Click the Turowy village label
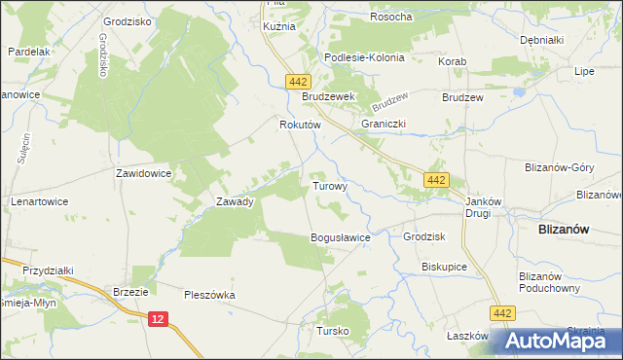[329, 185]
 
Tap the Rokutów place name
[295, 125]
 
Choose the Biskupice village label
[445, 266]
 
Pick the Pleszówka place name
[211, 293]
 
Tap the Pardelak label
[28, 51]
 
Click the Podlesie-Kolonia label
[364, 57]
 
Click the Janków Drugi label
[483, 206]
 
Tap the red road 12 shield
[160, 318]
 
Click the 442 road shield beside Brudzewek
[298, 84]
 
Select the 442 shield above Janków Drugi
[436, 179]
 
